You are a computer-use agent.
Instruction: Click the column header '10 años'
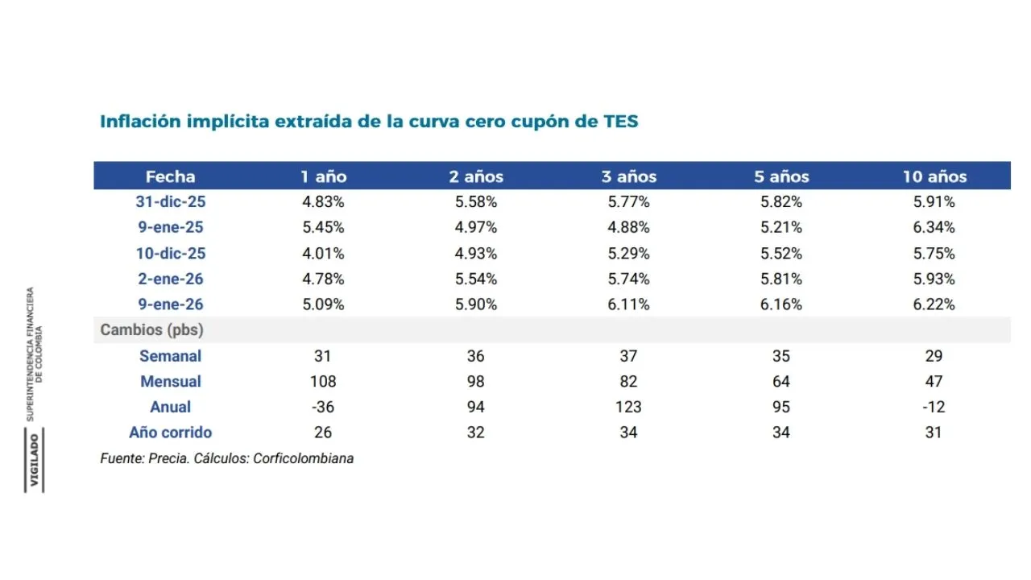click(x=934, y=176)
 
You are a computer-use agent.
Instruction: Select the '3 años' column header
click(x=629, y=176)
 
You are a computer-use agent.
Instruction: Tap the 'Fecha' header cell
click(x=171, y=176)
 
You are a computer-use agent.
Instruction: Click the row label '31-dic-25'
click(x=171, y=202)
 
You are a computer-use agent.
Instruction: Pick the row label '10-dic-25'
click(x=171, y=253)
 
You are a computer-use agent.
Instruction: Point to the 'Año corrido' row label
click(x=171, y=433)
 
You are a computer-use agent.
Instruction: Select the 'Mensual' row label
click(x=171, y=381)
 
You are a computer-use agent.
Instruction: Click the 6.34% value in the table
click(x=934, y=227)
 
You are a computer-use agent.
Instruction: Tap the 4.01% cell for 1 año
click(x=323, y=253)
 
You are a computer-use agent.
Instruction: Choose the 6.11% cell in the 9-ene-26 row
click(x=629, y=304)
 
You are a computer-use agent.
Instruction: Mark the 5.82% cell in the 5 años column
click(x=781, y=202)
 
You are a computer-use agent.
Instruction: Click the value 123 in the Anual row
click(x=629, y=407)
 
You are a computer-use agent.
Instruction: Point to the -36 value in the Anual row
click(x=323, y=407)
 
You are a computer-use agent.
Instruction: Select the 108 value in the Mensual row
click(x=323, y=381)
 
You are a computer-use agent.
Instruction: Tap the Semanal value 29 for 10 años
click(x=934, y=356)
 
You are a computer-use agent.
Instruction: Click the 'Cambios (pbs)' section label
click(x=151, y=330)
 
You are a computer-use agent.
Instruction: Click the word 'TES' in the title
click(x=620, y=122)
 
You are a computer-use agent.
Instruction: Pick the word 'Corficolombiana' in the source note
click(x=303, y=458)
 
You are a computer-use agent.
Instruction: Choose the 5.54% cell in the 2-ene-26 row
click(x=476, y=279)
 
